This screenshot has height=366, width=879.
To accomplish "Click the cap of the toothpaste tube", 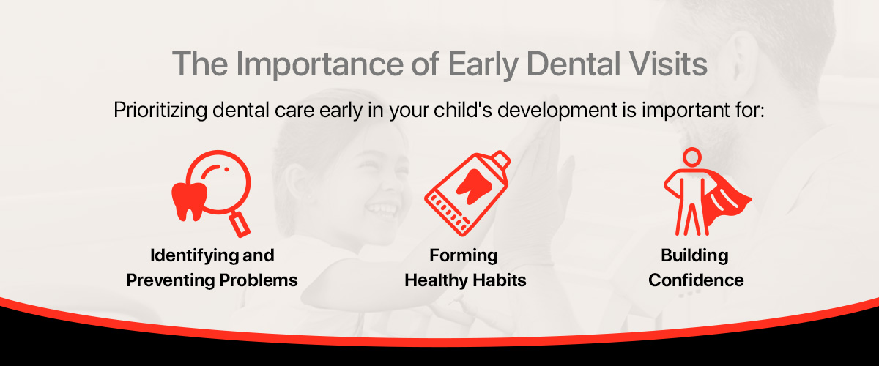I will tap(500, 160).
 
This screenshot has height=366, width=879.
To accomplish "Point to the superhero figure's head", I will tap(691, 157).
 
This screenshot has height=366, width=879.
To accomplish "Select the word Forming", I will tap(464, 255).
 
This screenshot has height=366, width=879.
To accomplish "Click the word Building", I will tap(694, 255).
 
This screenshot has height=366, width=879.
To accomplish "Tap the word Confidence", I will tap(696, 280).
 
